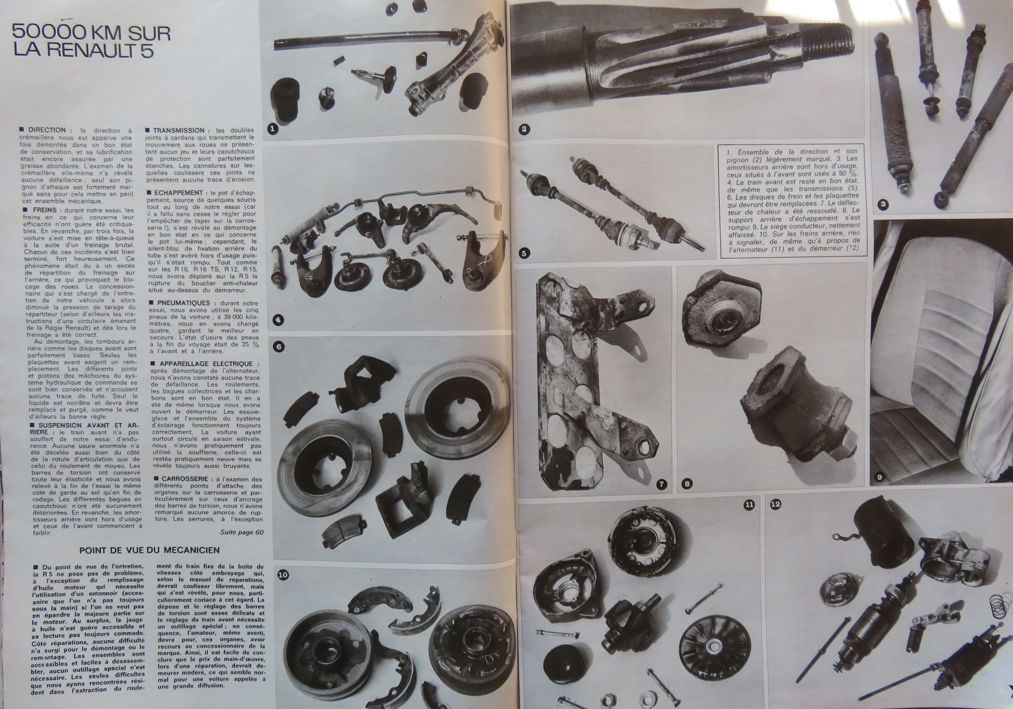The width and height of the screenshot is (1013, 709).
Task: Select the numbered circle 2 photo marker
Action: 524,129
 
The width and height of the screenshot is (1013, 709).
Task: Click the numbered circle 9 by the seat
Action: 879,477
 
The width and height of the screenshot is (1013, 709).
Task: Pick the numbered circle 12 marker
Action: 775,504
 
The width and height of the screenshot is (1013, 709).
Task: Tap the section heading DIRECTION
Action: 47,130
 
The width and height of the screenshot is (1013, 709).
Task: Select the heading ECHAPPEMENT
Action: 178,193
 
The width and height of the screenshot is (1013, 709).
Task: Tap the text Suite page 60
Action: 242,532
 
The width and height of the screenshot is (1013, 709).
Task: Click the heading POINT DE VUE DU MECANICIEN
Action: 149,550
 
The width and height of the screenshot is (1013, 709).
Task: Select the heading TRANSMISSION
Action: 179,131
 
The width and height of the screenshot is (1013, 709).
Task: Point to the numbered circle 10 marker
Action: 283,575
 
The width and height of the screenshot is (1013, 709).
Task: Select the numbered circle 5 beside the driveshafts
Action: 524,253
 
